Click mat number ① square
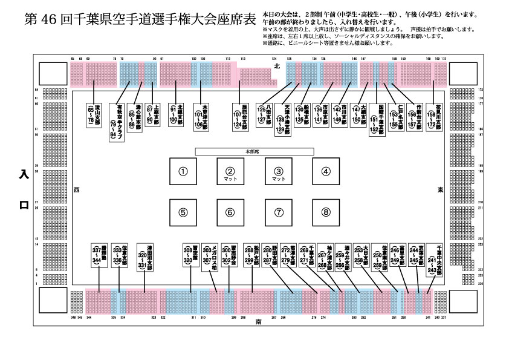point(183,171)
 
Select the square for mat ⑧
point(326,212)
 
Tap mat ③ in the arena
point(279,172)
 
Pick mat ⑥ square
point(230,212)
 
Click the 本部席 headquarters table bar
point(254,150)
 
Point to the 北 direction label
point(277,65)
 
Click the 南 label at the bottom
point(258,321)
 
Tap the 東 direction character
point(441,190)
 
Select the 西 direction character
point(76,190)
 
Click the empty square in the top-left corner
point(51,74)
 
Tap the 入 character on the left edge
point(24,175)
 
